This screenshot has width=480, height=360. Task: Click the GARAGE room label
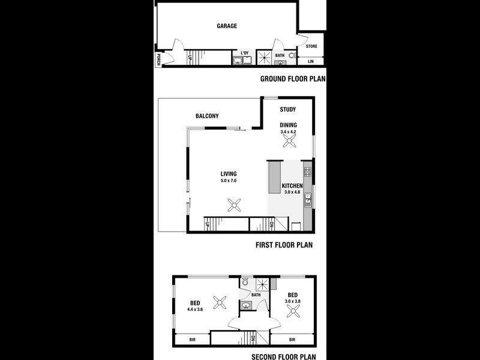(227, 26)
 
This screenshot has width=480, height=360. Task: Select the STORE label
(311, 46)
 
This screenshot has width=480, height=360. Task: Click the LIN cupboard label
(311, 61)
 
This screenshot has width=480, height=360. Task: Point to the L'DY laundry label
(245, 53)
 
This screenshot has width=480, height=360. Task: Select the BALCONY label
(207, 116)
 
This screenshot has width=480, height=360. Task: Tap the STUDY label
(288, 110)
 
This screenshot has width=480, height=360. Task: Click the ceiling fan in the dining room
(290, 140)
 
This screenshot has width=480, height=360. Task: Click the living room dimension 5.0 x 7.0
(229, 180)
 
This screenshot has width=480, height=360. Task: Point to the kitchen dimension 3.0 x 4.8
(292, 193)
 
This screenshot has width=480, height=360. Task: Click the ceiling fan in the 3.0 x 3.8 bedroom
(293, 310)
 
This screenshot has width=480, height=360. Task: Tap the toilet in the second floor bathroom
(245, 281)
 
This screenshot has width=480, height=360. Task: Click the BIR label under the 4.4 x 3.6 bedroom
(193, 340)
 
